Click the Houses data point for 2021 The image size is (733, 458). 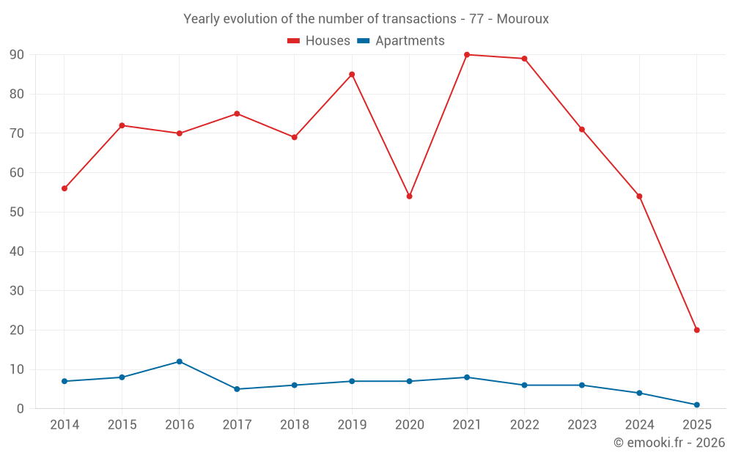467,55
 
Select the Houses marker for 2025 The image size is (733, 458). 696,330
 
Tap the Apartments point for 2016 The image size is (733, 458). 180,361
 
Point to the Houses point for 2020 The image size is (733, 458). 409,196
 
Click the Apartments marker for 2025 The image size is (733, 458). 696,405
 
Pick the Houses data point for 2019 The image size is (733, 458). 352,74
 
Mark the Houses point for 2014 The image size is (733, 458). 65,188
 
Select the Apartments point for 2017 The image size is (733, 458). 237,389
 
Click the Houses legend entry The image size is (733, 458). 319,41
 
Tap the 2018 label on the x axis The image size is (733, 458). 294,425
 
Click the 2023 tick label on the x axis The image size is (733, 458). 582,425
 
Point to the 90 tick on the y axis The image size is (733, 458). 16,55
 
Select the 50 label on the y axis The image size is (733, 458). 16,213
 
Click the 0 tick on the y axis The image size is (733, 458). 21,409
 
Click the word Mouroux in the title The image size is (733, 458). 523,19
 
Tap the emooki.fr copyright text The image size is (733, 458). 669,443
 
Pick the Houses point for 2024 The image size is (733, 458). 639,196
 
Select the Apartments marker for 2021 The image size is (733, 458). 467,377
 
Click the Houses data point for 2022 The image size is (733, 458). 524,59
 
